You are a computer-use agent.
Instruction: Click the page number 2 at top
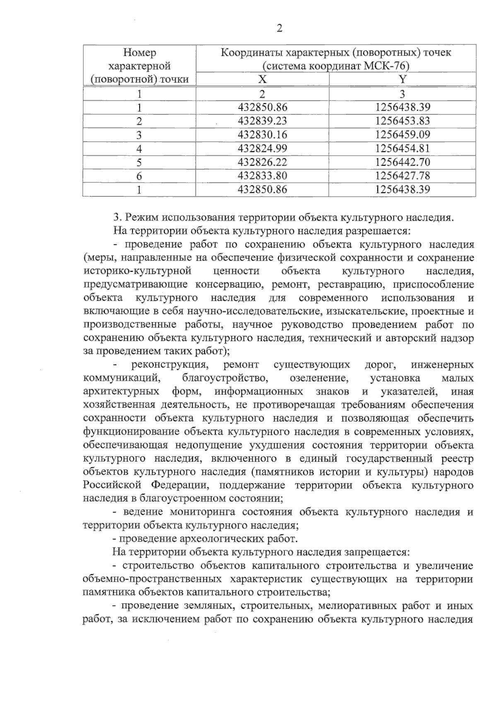tap(279, 28)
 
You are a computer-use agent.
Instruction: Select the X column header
tap(262, 79)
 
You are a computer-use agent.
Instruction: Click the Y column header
tap(402, 79)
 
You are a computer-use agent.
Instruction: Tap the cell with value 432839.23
tap(263, 121)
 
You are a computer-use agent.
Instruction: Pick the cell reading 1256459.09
tap(403, 135)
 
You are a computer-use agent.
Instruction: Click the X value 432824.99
tap(263, 148)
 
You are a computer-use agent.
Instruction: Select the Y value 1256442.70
tap(403, 162)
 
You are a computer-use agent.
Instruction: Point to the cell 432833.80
tap(263, 176)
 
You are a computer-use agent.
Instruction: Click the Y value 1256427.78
tap(403, 176)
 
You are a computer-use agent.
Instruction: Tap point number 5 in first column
tap(139, 162)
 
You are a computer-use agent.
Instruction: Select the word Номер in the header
tap(140, 53)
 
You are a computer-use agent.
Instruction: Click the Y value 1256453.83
tap(403, 121)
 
